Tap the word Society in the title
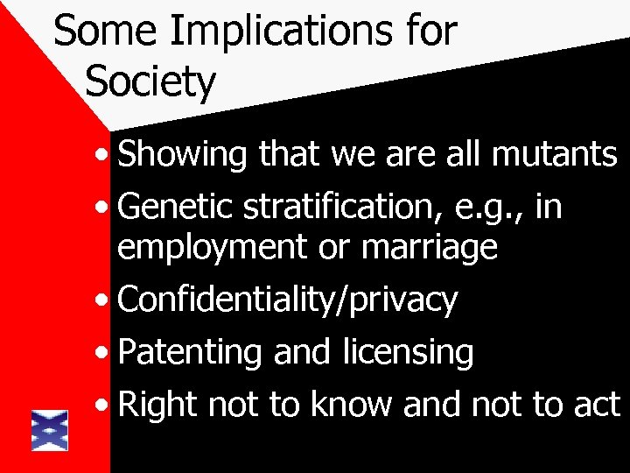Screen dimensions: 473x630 click(x=150, y=81)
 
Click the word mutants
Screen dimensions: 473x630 click(x=556, y=155)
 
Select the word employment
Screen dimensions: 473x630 click(x=213, y=249)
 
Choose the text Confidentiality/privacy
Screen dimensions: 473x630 click(x=288, y=300)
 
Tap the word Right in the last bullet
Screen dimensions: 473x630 click(x=155, y=406)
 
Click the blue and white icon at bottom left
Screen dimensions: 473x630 click(x=50, y=430)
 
